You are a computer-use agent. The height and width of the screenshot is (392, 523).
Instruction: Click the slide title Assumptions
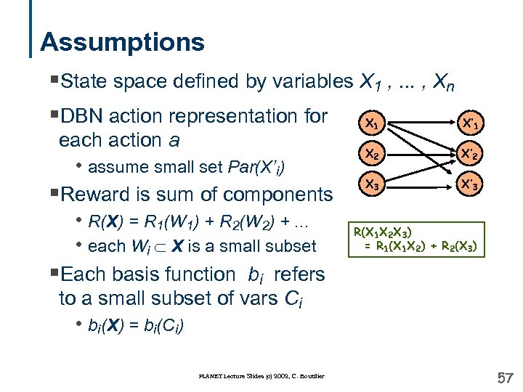pos(122,41)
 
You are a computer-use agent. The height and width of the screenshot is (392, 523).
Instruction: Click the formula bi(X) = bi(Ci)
pos(135,325)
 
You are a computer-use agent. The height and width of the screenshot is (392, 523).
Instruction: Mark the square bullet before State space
pos(56,82)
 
